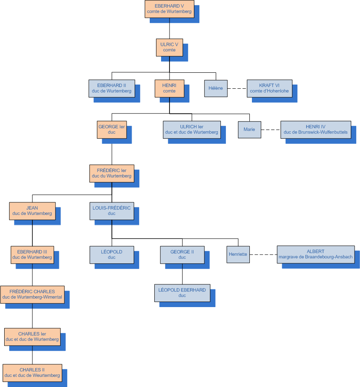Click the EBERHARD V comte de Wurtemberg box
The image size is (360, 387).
[x=169, y=9]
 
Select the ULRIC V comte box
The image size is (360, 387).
[x=169, y=47]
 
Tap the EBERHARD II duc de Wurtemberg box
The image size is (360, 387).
[x=111, y=88]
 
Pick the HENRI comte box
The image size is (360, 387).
[x=169, y=88]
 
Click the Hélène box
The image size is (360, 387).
[x=216, y=88]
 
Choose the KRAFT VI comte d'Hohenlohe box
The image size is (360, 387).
[x=269, y=88]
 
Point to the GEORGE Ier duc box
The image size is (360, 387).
[x=111, y=130]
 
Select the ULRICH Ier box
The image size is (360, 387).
[x=192, y=130]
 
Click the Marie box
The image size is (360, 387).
[x=249, y=130]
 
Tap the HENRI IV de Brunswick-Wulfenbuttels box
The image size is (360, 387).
[x=315, y=130]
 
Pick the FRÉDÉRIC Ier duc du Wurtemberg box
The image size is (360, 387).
[x=112, y=173]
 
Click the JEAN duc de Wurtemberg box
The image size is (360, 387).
[x=32, y=211]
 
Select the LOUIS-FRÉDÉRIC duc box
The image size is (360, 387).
[x=112, y=211]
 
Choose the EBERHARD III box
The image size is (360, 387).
[x=32, y=255]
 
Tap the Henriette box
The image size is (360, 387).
[x=238, y=254]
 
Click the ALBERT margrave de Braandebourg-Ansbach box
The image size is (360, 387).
[x=315, y=254]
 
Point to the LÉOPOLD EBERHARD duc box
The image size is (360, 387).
[x=182, y=293]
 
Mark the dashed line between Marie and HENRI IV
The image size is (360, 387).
[x=270, y=130]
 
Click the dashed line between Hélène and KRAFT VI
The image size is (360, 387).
[x=237, y=88]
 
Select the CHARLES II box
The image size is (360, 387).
[x=32, y=373]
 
